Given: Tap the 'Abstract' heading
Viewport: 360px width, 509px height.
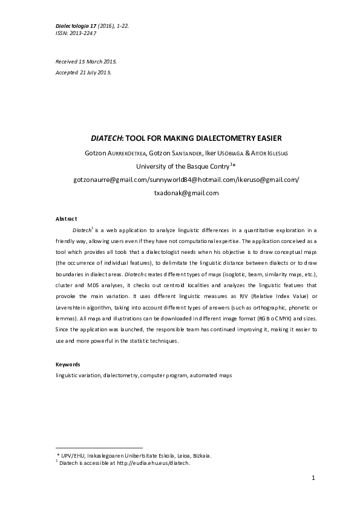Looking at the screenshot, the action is tap(67, 218).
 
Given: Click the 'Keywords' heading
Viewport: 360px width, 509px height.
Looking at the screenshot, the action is tap(68, 365).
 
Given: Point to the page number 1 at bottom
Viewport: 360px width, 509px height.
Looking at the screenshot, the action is tap(313, 478).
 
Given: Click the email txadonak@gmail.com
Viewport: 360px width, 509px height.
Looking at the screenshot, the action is tap(186, 193).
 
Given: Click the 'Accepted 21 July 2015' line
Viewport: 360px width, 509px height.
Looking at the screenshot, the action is tap(83, 72).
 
